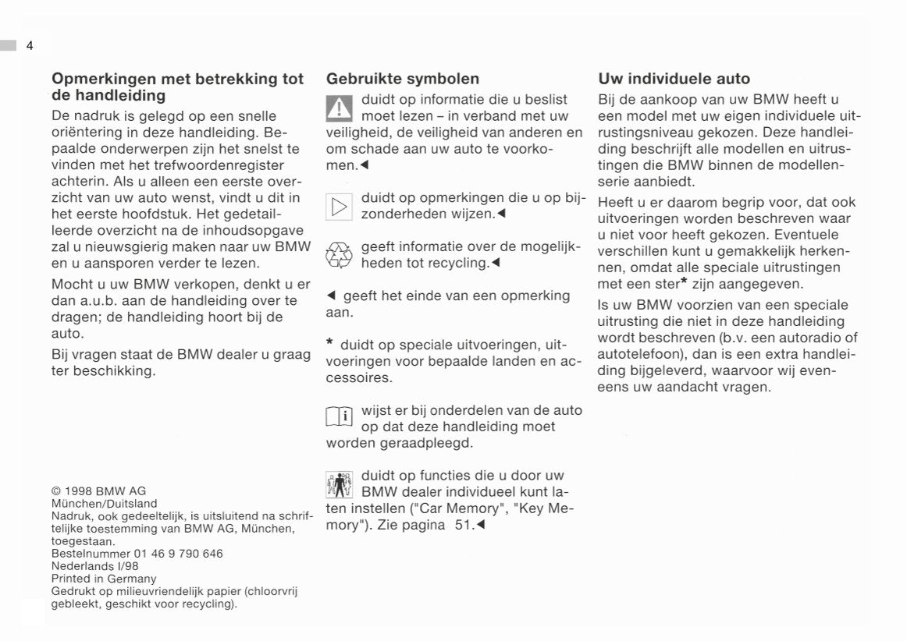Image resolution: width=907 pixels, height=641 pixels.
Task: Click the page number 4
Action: click(x=29, y=45)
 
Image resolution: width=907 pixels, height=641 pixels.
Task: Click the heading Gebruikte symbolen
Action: click(x=403, y=79)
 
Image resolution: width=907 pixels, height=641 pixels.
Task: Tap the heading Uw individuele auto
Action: click(x=674, y=79)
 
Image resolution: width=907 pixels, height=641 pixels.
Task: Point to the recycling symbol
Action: click(x=340, y=255)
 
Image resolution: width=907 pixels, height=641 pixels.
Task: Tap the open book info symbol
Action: click(x=340, y=418)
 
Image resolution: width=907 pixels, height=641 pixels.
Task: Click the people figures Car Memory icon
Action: click(x=340, y=483)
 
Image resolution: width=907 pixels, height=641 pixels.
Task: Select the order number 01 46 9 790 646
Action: click(x=179, y=554)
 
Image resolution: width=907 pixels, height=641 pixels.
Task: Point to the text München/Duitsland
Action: click(x=104, y=504)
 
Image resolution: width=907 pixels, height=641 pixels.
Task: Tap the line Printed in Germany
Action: click(x=104, y=579)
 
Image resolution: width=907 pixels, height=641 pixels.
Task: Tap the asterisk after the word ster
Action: click(x=684, y=281)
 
